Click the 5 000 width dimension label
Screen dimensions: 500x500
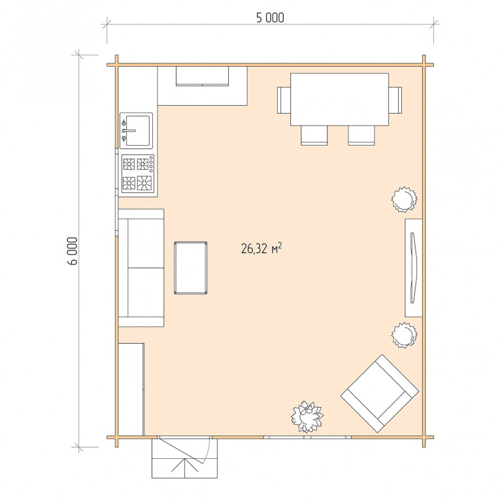(270, 18)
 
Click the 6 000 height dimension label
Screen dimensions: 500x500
(73, 251)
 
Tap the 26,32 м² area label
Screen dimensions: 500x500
(261, 248)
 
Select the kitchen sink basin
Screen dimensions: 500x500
(136, 131)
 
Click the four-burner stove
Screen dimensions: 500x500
(138, 174)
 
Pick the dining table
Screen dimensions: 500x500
(339, 99)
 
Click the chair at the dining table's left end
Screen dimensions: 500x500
(284, 100)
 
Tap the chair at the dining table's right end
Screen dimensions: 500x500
(395, 100)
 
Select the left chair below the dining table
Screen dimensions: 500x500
(314, 135)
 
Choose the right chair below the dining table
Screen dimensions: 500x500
(361, 135)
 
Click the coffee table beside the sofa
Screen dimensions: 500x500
(190, 267)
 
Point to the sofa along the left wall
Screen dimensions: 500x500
(141, 267)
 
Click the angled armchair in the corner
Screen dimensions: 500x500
(380, 393)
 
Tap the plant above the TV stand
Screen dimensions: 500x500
(404, 199)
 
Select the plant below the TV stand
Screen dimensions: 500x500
(404, 335)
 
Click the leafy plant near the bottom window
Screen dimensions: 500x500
(307, 417)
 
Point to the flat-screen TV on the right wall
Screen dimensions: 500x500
(413, 268)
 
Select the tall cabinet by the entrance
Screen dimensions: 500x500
(131, 390)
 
